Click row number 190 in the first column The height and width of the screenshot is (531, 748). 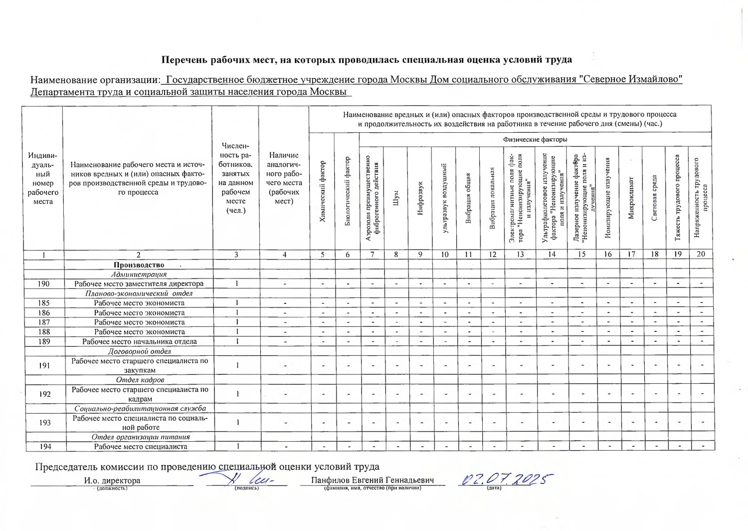44,283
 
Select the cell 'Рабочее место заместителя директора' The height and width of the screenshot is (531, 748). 139,283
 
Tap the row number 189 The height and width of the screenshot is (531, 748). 44,342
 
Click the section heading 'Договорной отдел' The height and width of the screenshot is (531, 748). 139,351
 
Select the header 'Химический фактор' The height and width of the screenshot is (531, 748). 323,192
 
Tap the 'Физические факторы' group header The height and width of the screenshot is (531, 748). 535,140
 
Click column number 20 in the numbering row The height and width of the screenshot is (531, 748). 701,254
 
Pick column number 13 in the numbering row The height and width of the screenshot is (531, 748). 520,254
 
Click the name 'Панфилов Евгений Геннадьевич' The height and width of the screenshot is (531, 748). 372,480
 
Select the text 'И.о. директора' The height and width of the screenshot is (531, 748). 112,481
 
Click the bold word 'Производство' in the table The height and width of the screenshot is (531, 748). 139,265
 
